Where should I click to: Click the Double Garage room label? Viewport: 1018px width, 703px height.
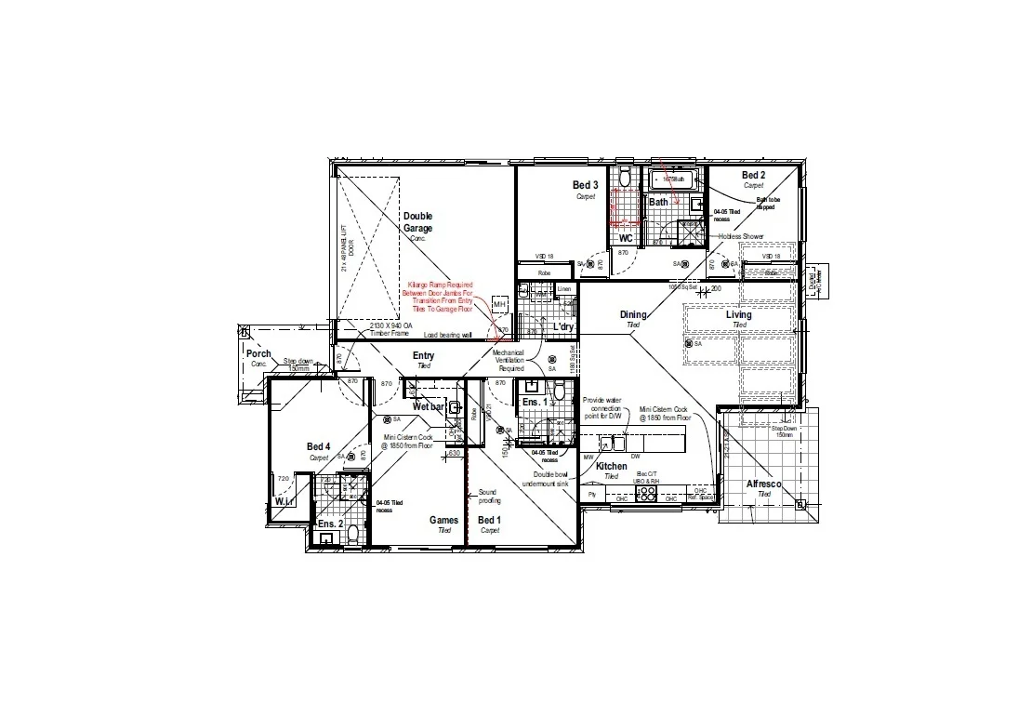[x=417, y=222]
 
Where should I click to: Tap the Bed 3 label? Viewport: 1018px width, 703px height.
[x=585, y=186]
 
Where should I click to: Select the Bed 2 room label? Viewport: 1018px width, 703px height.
[x=753, y=176]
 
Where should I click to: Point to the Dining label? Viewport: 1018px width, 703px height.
[x=633, y=315]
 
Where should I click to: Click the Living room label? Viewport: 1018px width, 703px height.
[x=739, y=315]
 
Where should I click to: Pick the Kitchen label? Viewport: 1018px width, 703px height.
[x=611, y=466]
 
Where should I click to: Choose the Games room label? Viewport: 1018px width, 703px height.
[x=443, y=520]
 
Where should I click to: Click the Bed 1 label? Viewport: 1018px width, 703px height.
[x=489, y=520]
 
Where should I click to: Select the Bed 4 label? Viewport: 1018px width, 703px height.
[x=319, y=447]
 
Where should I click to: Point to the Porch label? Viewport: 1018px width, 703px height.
[x=258, y=354]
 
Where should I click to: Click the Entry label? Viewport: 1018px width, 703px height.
[x=423, y=356]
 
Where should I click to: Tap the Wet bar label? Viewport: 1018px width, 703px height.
[x=429, y=407]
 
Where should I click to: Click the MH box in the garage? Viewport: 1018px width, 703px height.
[x=499, y=305]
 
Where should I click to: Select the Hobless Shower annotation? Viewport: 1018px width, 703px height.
[x=740, y=236]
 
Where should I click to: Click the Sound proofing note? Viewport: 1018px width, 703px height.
[x=487, y=496]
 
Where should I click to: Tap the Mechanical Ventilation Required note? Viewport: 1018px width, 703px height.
[x=510, y=361]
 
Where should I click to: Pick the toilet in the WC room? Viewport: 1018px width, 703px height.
[x=626, y=177]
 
